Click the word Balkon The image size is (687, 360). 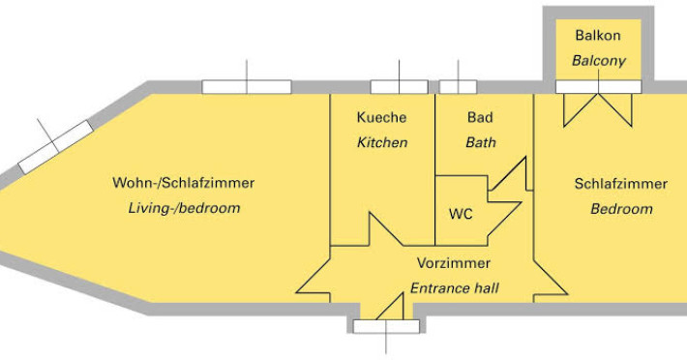point(598,35)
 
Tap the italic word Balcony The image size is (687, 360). point(599,61)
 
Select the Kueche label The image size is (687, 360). point(381,117)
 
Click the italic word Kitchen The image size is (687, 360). point(382,142)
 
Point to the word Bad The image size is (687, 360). point(480,117)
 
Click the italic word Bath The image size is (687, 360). point(481,142)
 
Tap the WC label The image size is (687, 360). point(461,214)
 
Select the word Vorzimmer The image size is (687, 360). point(454,263)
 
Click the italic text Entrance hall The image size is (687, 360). point(455,288)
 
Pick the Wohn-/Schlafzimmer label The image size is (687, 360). point(183,183)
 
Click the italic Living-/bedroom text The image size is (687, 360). point(184,208)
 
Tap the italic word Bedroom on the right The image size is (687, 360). point(621,209)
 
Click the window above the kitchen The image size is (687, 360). point(400,87)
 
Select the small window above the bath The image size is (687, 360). point(458,87)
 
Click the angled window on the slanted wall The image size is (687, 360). point(56,147)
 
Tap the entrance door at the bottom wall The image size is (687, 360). point(386,326)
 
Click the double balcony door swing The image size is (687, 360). point(598,109)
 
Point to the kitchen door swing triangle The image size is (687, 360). point(385,229)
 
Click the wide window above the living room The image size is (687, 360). point(247,87)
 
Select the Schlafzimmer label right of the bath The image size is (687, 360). point(621,184)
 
